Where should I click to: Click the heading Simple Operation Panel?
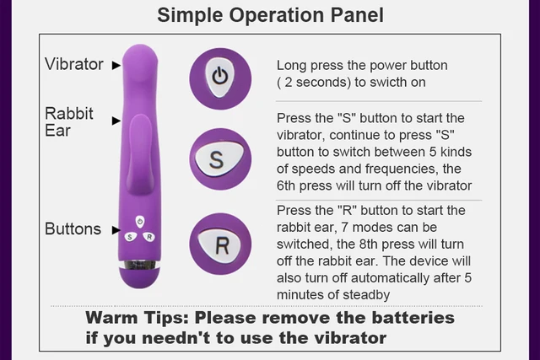pos(270,15)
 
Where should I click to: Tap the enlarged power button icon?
pos(219,76)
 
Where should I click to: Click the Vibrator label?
pos(73,64)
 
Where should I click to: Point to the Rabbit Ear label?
pos(69,121)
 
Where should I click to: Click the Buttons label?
pos(73,228)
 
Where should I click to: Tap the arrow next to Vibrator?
pos(116,64)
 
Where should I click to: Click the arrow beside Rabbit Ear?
pos(116,121)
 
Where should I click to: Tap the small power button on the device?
pos(139,222)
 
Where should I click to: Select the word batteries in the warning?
pos(412,319)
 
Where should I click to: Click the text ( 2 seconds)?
pos(316,82)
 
